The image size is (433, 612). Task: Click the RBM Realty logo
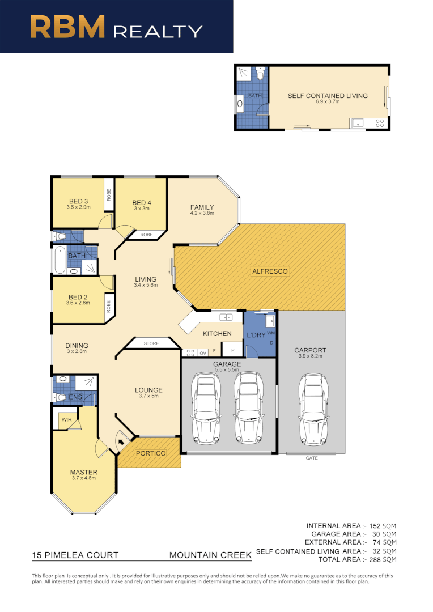pos(116,27)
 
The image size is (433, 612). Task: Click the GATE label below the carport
pos(311,457)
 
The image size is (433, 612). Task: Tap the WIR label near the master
pos(67,420)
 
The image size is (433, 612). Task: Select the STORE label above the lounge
pos(151,343)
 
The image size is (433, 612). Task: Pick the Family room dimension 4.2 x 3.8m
pos(202,214)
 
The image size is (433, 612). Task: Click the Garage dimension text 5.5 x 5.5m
pos(227,369)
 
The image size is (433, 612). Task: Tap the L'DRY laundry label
pos(256,335)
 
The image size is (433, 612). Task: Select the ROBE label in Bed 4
pos(146,234)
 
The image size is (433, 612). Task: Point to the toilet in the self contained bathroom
pos(260,74)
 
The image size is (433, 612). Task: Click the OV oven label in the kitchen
pos(202,353)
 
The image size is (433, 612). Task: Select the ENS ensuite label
pos(75,397)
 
